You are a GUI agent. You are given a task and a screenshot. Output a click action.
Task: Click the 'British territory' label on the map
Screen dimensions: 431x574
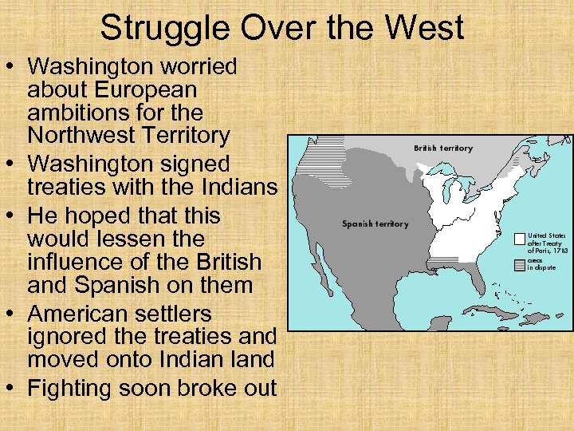(x=442, y=148)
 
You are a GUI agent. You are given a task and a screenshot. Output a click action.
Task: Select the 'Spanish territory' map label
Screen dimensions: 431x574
(x=375, y=223)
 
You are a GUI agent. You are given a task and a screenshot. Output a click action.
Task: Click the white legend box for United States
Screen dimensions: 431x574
(x=519, y=238)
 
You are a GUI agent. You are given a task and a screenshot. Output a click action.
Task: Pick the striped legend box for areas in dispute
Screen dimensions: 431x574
(x=519, y=263)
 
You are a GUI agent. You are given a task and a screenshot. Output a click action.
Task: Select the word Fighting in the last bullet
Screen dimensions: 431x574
(x=73, y=389)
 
